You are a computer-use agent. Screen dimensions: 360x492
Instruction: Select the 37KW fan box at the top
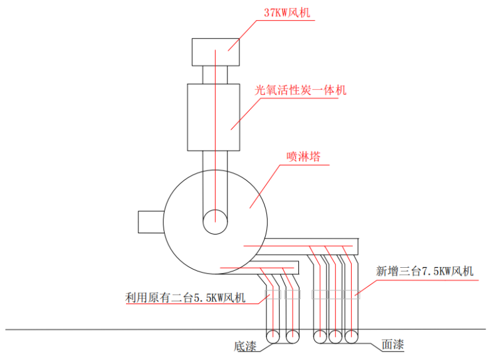click(x=216, y=51)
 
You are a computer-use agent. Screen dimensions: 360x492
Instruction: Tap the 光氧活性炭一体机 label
click(x=300, y=90)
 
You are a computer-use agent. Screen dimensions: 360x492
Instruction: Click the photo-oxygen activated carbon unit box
click(x=214, y=117)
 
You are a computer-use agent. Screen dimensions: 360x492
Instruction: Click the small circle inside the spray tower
click(x=215, y=220)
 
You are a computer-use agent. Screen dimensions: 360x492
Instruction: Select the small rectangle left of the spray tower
click(x=150, y=223)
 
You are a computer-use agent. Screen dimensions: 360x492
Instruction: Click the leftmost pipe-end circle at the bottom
click(x=274, y=337)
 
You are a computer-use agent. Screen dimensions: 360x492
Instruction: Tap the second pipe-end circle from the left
click(x=292, y=337)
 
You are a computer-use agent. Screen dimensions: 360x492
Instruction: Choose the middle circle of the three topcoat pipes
click(x=337, y=337)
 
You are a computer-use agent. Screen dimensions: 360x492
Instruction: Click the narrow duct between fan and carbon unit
click(x=215, y=74)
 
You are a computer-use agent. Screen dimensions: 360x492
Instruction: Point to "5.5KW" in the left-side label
click(x=212, y=297)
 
